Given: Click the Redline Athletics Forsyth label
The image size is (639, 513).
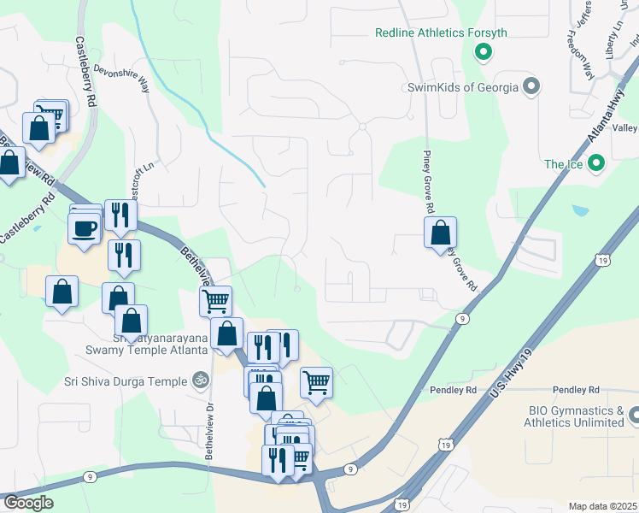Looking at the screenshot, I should point(441,33).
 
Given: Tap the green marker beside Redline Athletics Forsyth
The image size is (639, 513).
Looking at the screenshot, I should point(483,53).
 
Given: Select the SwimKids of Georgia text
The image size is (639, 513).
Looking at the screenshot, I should point(462,87).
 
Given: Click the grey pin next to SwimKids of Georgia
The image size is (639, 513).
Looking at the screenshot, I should point(531,86).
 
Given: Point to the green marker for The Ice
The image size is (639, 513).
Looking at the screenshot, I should point(596,162).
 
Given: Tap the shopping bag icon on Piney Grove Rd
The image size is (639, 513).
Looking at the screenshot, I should point(440,232).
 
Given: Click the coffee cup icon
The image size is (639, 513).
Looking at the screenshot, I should point(85,228).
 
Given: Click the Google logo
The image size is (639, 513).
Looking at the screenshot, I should point(28,503).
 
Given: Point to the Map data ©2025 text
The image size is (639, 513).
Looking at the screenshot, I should point(602,506).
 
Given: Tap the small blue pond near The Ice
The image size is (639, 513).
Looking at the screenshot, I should point(581,209).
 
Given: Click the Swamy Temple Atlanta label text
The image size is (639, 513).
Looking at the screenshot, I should point(147,350).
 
